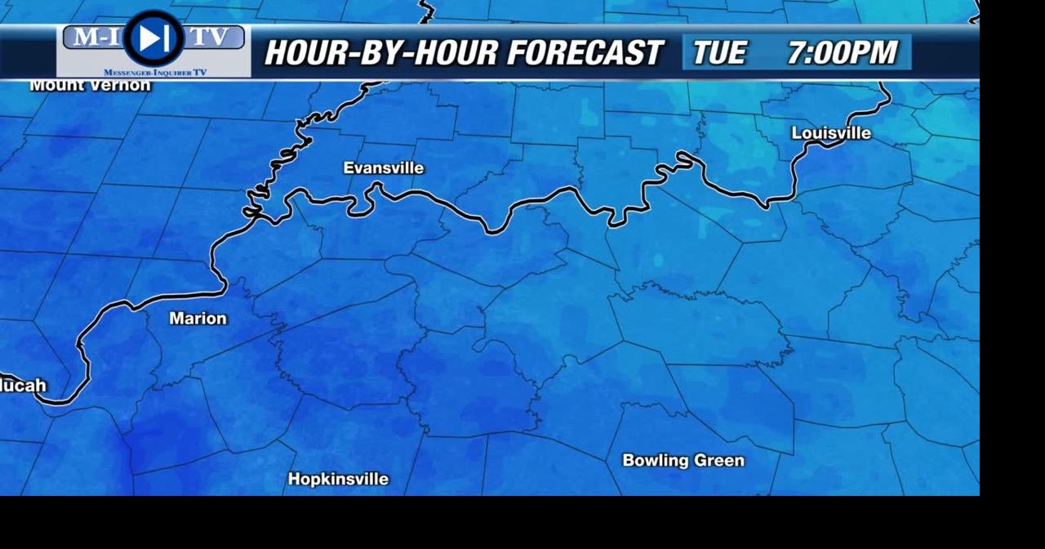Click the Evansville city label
383,168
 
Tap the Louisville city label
831,133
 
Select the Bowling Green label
683,461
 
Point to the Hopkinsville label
338,480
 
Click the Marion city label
198,319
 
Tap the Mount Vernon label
90,85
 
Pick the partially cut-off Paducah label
23,386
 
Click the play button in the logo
153,38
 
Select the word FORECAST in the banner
584,53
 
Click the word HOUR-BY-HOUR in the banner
380,53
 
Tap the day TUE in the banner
719,53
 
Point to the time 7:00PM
842,53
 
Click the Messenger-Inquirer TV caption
155,73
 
